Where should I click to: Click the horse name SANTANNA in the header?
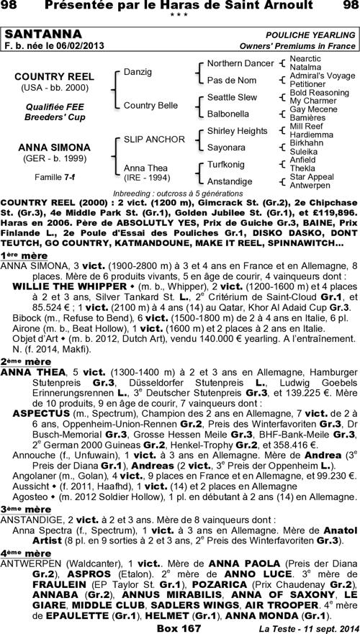coord(34,35)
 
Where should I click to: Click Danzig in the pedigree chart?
coord(138,72)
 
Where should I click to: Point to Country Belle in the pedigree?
coord(150,105)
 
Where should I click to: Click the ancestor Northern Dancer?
coord(240,63)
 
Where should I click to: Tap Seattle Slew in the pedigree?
coord(231,96)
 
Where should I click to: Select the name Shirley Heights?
coord(237,130)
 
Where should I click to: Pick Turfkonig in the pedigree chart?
coord(225,164)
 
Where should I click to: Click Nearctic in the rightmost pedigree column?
coord(305,58)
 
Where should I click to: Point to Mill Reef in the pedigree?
coord(304,126)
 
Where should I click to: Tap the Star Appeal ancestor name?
coord(311,176)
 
